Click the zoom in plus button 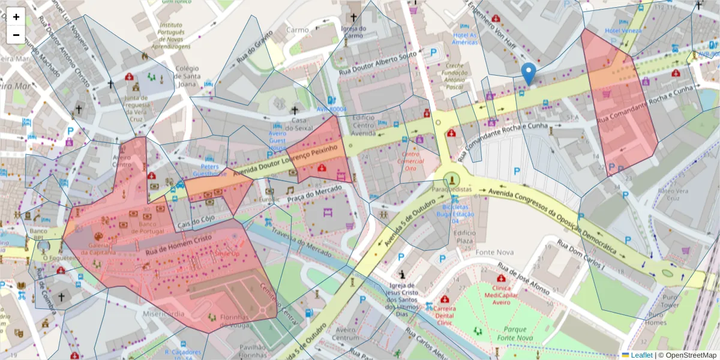pyautogui.click(x=16, y=17)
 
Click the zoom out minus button pyautogui.click(x=16, y=35)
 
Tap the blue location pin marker pyautogui.click(x=529, y=73)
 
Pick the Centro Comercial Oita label pyautogui.click(x=410, y=161)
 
